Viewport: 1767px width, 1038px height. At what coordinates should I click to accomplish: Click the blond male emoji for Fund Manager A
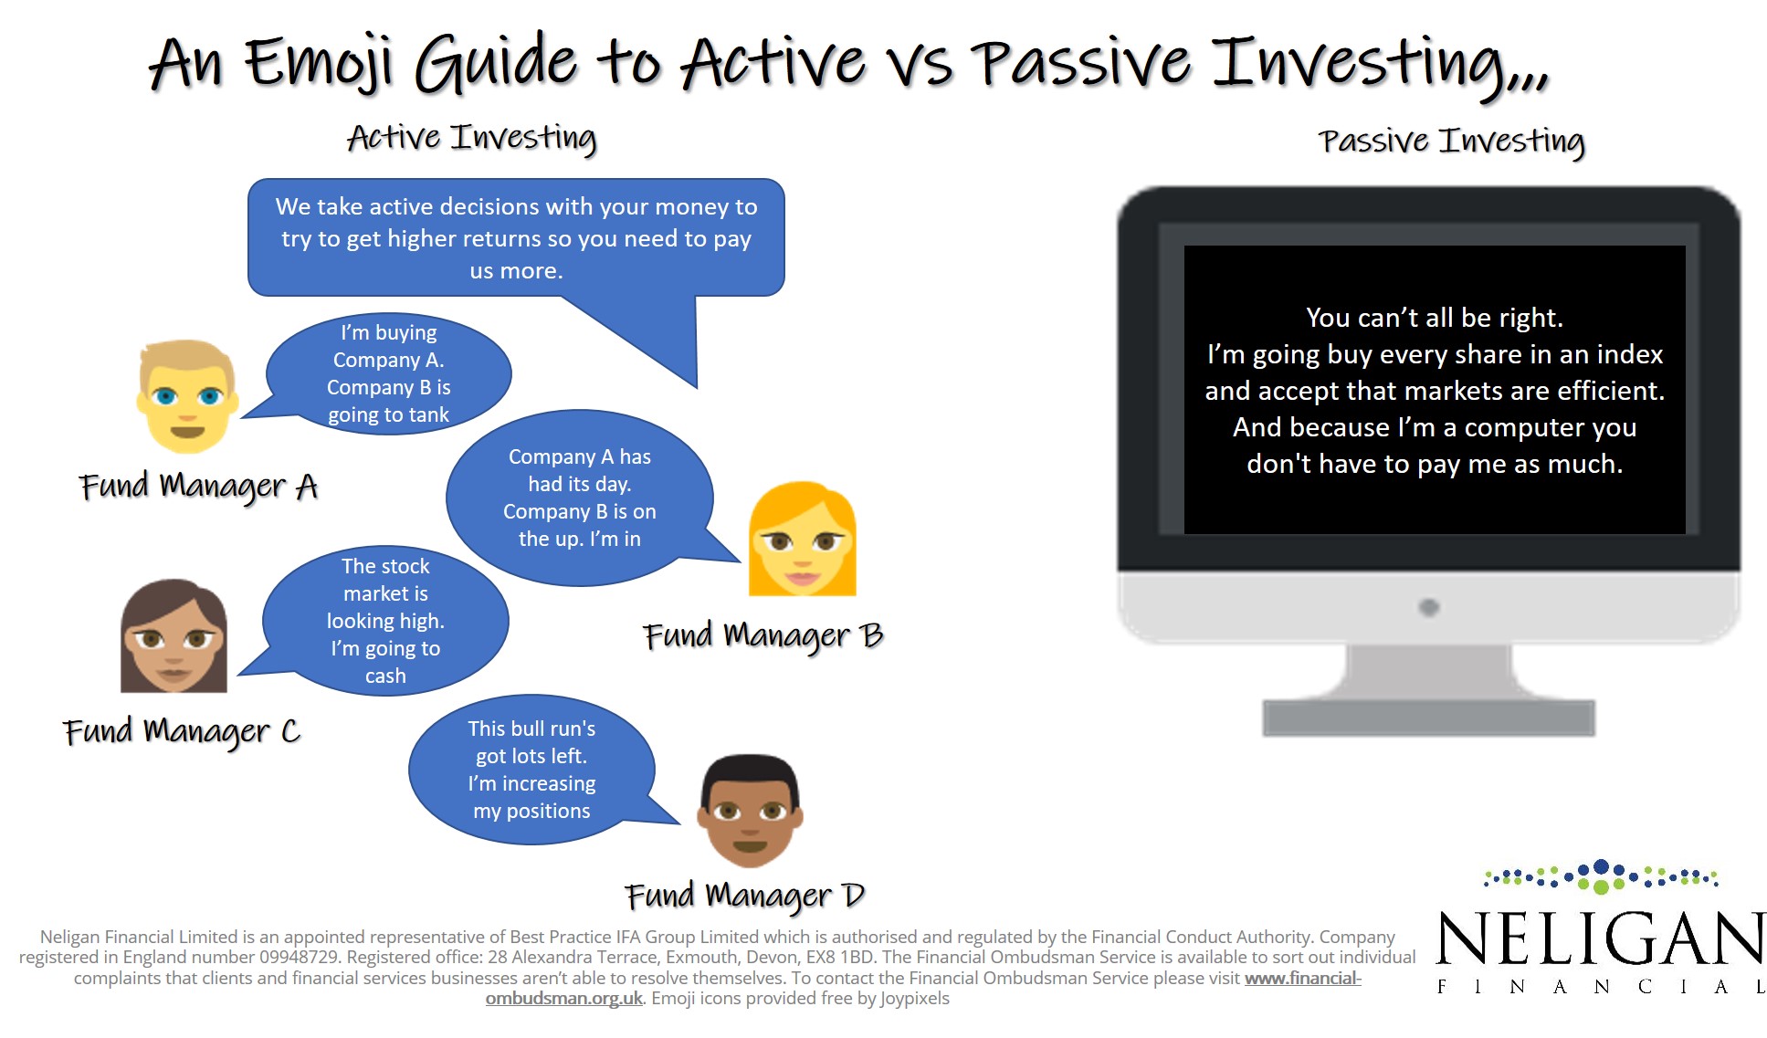(x=188, y=396)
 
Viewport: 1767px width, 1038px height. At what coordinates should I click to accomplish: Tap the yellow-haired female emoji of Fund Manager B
(x=803, y=539)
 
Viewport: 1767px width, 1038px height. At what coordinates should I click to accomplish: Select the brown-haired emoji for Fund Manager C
(x=174, y=635)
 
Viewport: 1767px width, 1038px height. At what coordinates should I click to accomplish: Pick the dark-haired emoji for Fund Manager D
(x=750, y=811)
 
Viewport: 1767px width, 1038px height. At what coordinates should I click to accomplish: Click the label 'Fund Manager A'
(x=198, y=487)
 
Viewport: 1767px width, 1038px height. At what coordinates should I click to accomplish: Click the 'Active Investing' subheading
(x=471, y=138)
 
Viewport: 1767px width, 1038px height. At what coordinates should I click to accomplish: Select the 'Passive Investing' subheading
(x=1451, y=142)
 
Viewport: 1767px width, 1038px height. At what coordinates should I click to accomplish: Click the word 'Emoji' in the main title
(x=319, y=63)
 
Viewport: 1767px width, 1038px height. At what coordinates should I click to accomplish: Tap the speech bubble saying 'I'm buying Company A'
(x=387, y=373)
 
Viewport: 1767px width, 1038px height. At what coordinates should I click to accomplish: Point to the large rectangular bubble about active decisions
(x=516, y=238)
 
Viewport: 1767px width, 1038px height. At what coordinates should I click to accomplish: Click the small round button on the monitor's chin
(x=1429, y=607)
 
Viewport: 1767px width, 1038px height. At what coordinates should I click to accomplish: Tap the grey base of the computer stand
(x=1429, y=718)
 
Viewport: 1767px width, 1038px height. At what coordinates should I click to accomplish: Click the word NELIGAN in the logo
(x=1601, y=938)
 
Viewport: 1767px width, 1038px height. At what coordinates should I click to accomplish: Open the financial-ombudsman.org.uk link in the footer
(x=923, y=988)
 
